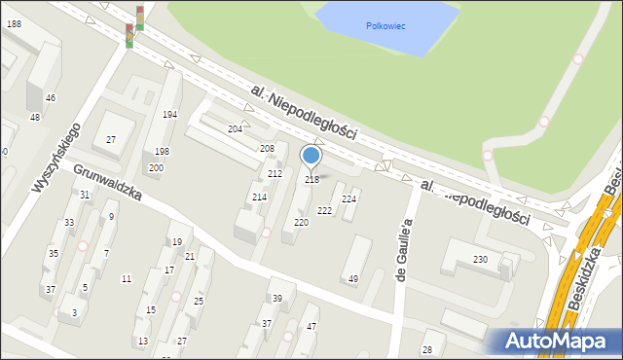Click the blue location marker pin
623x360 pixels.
[x=311, y=157]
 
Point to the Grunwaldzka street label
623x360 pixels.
[x=107, y=181]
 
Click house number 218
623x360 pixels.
[x=312, y=180]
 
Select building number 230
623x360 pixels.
[x=480, y=260]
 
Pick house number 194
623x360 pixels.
[x=169, y=115]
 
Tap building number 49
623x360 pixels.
[x=353, y=279]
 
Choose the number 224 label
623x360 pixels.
[x=348, y=199]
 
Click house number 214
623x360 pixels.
[x=259, y=198]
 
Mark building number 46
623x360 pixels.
[x=50, y=98]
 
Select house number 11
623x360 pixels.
[x=126, y=279]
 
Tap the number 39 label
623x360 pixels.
[x=277, y=299]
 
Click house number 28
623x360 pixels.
[x=426, y=349]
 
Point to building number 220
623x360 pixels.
[x=302, y=223]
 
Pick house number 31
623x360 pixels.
[x=85, y=195]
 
